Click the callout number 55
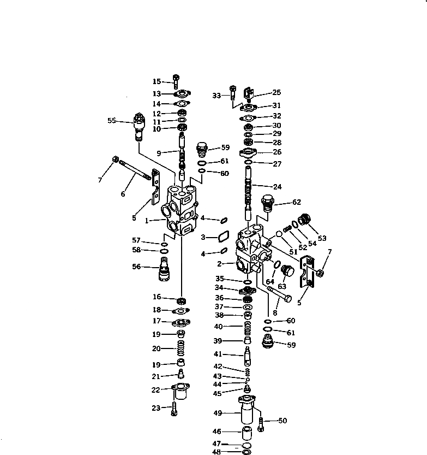pyautogui.click(x=111, y=121)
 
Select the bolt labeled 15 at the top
pyautogui.click(x=176, y=82)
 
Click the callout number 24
pyautogui.click(x=277, y=187)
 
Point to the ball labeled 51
pyautogui.click(x=279, y=234)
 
